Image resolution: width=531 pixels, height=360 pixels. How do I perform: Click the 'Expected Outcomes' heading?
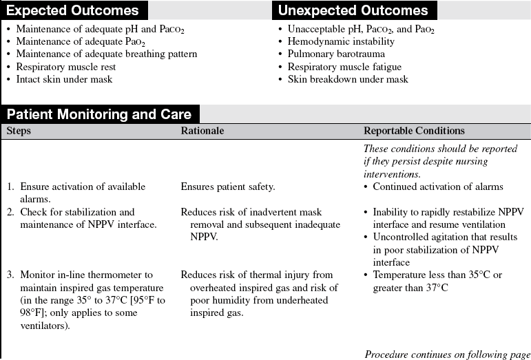point(72,10)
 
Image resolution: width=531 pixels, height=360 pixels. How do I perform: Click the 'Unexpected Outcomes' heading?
point(353,10)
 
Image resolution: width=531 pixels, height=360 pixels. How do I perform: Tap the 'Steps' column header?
point(19,131)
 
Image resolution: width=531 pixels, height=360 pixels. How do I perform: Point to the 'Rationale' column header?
point(202,131)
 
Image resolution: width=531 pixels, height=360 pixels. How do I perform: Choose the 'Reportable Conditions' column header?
point(414,131)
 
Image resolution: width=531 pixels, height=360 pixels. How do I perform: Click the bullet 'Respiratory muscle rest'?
point(66,67)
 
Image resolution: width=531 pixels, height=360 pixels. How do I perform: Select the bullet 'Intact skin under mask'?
point(64,79)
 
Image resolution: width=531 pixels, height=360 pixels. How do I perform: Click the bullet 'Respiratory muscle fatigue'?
point(344,67)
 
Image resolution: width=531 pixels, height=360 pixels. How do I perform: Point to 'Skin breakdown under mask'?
point(347,79)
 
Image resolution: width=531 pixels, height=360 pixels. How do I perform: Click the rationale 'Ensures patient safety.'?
point(228,187)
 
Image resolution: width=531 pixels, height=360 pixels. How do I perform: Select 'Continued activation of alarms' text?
point(438,187)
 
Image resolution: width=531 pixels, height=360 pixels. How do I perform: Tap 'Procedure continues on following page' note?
point(447,354)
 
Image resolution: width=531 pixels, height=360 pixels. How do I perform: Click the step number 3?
point(10,275)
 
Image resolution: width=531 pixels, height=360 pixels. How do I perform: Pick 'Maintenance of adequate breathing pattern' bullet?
point(107,54)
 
